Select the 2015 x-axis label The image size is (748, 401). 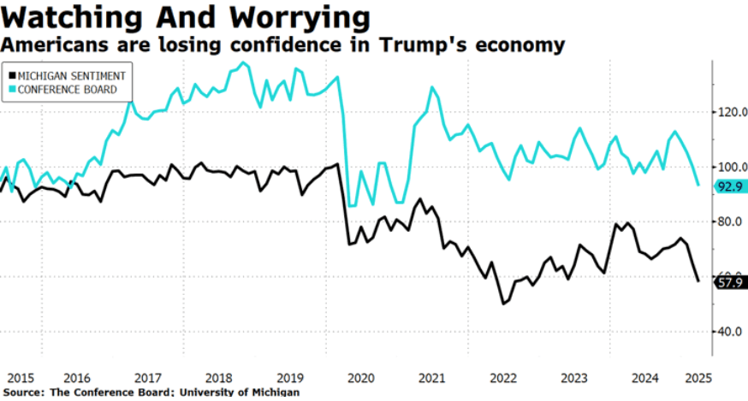(x=19, y=377)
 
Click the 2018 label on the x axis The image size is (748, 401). (x=220, y=377)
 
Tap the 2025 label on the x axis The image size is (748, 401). (x=698, y=377)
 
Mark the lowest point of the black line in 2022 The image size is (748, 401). (x=504, y=304)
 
